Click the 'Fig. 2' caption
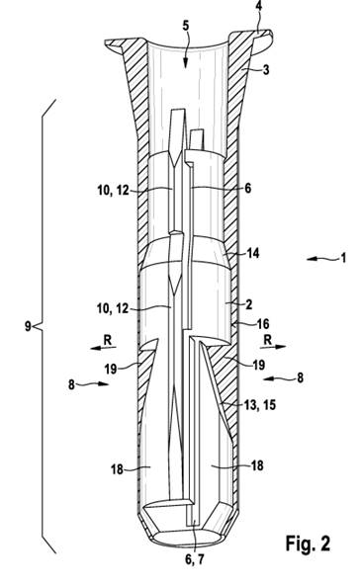click(x=308, y=543)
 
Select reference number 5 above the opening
click(x=186, y=26)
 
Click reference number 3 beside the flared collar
click(x=265, y=69)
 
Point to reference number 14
click(x=253, y=253)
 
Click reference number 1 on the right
click(x=343, y=258)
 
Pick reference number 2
click(x=248, y=304)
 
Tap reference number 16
click(x=263, y=323)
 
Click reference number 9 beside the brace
click(x=28, y=326)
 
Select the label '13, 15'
click(x=260, y=404)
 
